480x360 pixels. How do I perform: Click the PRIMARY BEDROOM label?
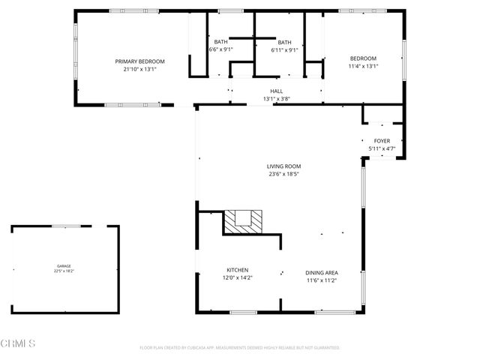(x=139, y=61)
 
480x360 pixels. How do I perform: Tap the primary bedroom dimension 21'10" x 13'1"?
(x=139, y=69)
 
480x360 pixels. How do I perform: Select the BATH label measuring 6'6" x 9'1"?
(x=220, y=42)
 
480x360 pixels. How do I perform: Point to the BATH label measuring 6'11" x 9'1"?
(x=284, y=42)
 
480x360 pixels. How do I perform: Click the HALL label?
(x=276, y=91)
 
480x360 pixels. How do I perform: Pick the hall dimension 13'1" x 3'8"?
(x=276, y=99)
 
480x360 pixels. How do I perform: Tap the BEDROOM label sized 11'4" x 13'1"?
(x=363, y=58)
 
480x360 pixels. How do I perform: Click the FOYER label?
(x=382, y=141)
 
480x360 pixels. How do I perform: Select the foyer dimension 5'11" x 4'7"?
(x=382, y=148)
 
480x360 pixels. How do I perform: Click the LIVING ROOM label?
(x=283, y=166)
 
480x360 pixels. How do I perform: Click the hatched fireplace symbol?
(x=244, y=222)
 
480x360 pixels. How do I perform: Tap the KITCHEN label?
(x=238, y=270)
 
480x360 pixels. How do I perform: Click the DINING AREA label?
(x=321, y=272)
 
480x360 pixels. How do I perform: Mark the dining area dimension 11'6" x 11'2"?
(x=321, y=280)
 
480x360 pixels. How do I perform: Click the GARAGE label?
(x=64, y=266)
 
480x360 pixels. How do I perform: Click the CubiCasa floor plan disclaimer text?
(x=240, y=348)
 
